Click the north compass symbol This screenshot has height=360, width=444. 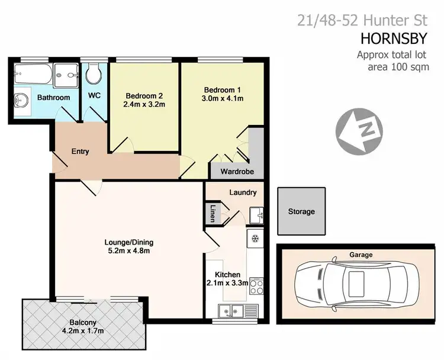[359, 130]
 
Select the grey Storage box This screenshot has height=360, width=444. [301, 211]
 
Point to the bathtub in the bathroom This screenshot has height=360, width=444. [32, 75]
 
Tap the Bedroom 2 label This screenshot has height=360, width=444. [144, 96]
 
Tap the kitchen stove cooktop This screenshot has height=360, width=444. [257, 287]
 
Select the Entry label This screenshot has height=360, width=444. [80, 152]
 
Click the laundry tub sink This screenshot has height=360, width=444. [256, 212]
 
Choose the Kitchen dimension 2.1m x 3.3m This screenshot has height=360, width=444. [227, 283]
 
